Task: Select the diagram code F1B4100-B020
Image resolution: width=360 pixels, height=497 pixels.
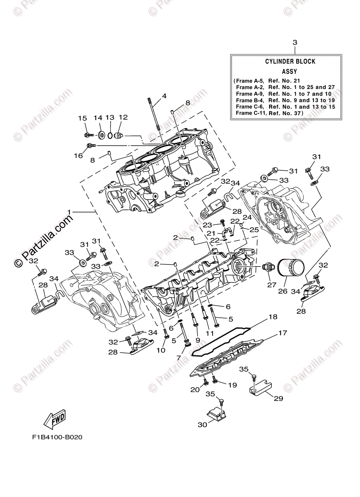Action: tap(56, 437)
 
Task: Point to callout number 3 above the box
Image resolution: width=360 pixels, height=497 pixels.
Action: tap(295, 42)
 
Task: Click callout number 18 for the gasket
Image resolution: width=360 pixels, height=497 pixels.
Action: tap(261, 317)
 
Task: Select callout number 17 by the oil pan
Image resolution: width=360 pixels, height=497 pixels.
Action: tap(271, 333)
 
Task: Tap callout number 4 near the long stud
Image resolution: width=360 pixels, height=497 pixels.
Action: tap(164, 96)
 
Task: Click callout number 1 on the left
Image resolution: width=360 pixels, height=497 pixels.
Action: tap(70, 212)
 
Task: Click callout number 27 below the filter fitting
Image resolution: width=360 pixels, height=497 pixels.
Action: tap(271, 285)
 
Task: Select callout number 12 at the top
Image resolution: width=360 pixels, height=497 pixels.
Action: tap(123, 118)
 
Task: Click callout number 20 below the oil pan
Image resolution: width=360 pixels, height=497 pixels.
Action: tap(194, 390)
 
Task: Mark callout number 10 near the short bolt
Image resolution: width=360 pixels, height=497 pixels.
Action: tap(160, 350)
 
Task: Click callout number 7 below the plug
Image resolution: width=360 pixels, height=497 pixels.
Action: tap(179, 357)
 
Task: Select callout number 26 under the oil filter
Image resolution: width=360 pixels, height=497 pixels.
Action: tap(282, 291)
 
